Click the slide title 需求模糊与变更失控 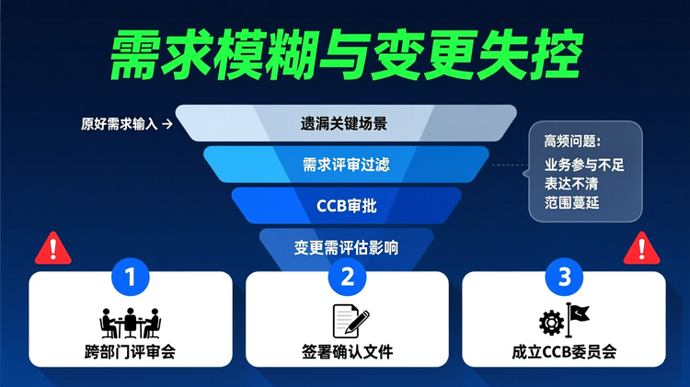[346, 57]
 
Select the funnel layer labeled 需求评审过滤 [346, 165]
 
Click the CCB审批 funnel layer [346, 205]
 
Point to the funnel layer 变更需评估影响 [346, 247]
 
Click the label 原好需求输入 [121, 123]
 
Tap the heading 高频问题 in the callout [571, 142]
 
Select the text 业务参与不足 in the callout [584, 165]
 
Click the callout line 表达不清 [571, 183]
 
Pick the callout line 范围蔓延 [571, 201]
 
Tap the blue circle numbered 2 [347, 275]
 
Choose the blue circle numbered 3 [564, 275]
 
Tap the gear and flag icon [563, 321]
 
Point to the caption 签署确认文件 [347, 351]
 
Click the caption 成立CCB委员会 [564, 351]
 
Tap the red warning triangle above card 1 [52, 248]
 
